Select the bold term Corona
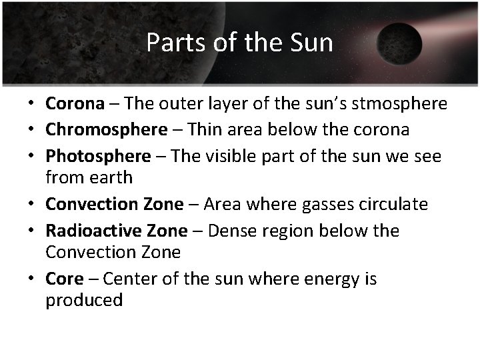click(x=75, y=104)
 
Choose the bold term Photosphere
click(x=98, y=156)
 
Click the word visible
click(x=231, y=156)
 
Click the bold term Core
click(x=64, y=278)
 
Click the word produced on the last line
click(x=84, y=301)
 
